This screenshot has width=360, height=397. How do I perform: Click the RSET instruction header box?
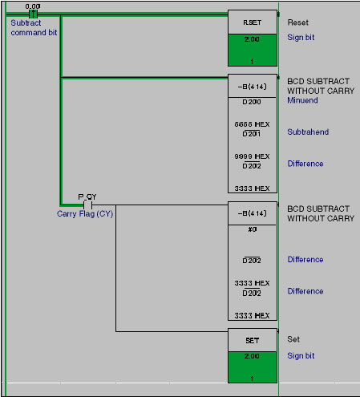tap(253, 22)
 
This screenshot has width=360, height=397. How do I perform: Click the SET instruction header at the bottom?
tap(253, 340)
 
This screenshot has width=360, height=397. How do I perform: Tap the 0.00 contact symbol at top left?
tap(33, 14)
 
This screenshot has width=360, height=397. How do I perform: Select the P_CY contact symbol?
tap(87, 205)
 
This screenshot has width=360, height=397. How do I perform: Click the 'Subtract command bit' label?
tap(34, 28)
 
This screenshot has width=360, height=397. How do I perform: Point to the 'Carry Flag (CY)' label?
tap(85, 214)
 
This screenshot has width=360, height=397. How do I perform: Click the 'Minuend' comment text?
tap(302, 100)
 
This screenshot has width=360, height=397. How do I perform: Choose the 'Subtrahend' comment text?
tap(308, 132)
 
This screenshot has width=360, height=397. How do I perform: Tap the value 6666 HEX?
tap(252, 124)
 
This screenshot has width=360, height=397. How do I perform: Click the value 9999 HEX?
tap(252, 156)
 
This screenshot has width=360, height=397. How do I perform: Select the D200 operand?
tap(252, 102)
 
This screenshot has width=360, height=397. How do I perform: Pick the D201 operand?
tap(252, 134)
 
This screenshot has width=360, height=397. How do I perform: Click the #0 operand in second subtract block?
tap(253, 229)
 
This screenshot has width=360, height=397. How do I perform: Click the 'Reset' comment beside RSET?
tap(297, 22)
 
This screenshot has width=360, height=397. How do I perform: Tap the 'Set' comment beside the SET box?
tap(293, 339)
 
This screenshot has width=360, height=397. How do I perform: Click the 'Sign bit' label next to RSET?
tap(301, 38)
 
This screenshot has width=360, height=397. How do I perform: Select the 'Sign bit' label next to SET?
tap(301, 356)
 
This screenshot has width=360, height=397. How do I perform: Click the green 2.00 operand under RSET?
tap(252, 39)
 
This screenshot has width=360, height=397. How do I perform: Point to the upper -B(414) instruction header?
tap(253, 86)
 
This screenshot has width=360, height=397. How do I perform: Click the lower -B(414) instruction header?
tap(253, 213)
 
